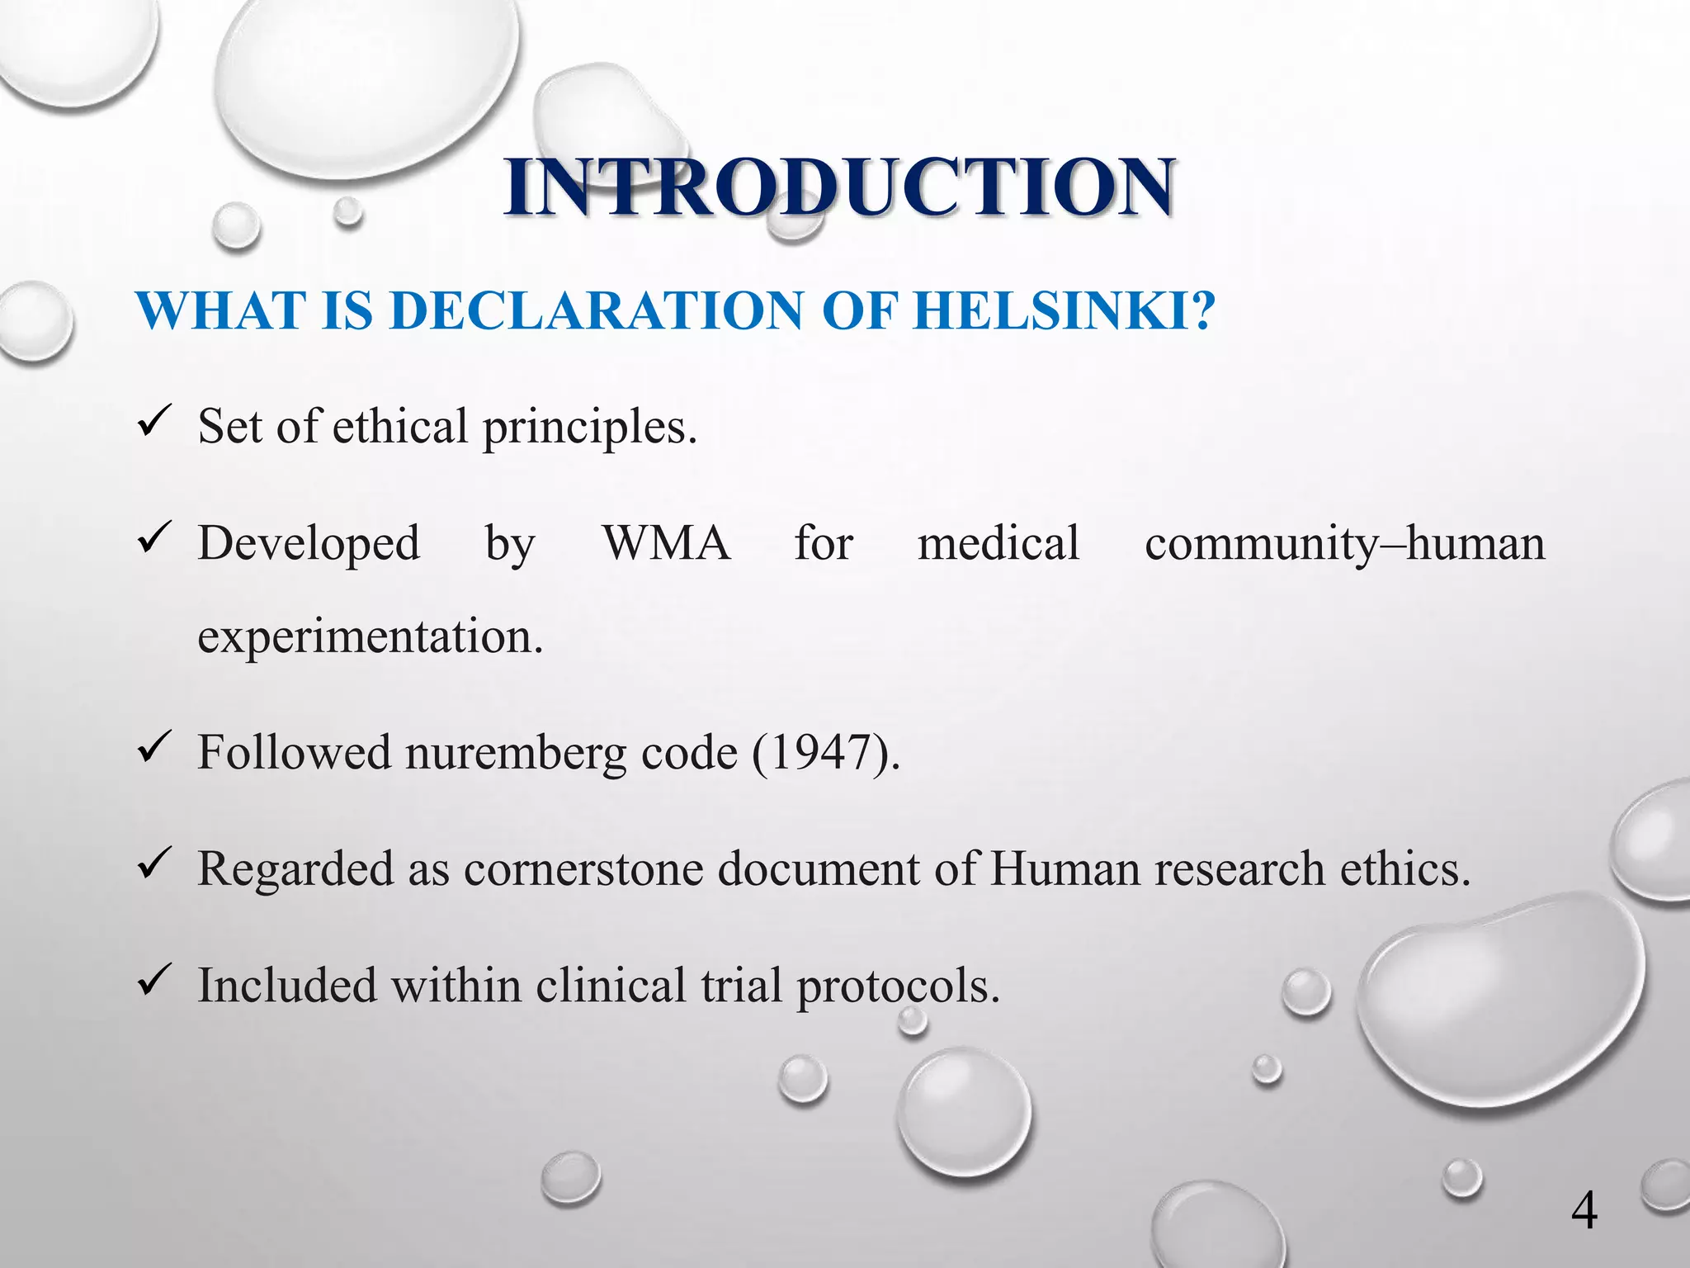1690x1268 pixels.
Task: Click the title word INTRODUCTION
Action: (840, 188)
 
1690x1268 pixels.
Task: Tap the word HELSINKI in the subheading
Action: (1065, 311)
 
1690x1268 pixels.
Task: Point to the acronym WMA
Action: (667, 544)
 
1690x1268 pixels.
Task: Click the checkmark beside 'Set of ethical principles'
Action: (154, 423)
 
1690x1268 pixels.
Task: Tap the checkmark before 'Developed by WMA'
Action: (154, 539)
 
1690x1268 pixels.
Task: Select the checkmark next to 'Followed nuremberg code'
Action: (154, 749)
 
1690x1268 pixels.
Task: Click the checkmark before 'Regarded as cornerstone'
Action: (154, 865)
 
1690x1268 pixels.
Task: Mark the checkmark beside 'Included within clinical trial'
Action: (154, 982)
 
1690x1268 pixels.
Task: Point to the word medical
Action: (998, 544)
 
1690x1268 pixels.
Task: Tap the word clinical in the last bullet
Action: (611, 986)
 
